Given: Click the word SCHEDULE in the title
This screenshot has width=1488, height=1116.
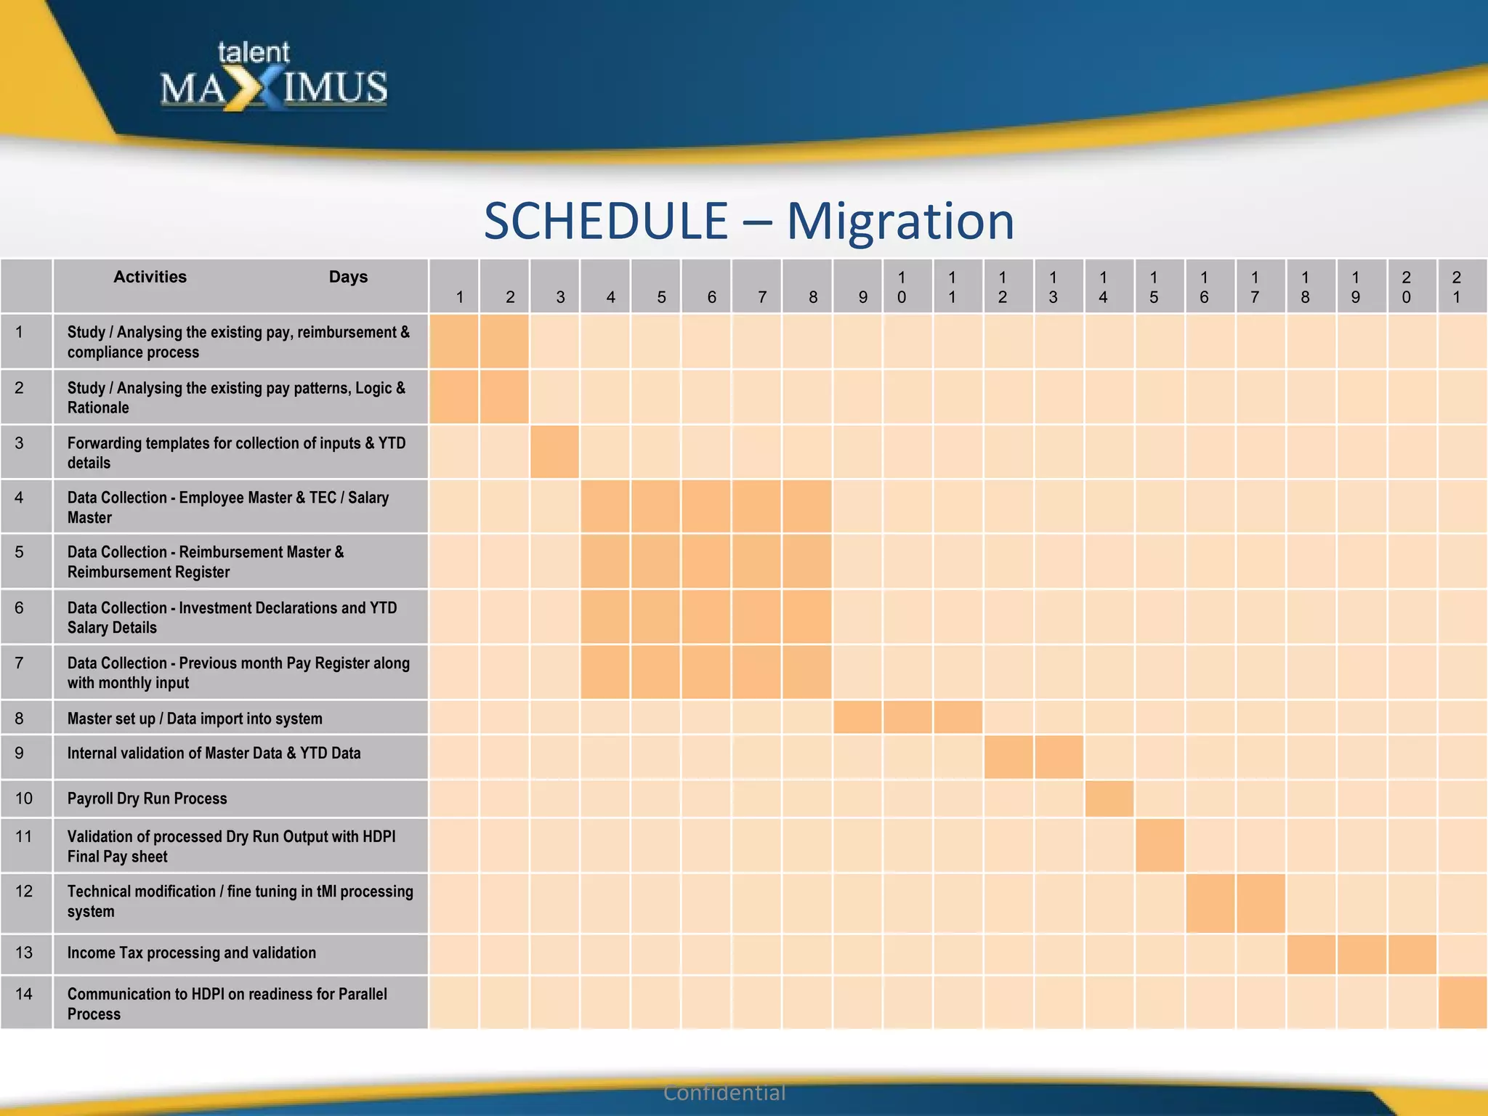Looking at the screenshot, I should tap(606, 221).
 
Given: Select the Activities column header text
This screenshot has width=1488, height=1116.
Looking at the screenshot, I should tap(150, 277).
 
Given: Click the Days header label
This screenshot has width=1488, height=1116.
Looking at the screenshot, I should tap(348, 277).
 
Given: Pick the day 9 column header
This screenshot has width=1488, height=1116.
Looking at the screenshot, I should tap(862, 296).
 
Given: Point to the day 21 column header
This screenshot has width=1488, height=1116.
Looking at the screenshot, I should tap(1456, 287).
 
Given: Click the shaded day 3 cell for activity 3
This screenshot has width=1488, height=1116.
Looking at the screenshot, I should tap(555, 452).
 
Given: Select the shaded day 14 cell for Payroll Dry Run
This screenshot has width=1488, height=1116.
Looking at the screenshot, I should tap(1109, 798).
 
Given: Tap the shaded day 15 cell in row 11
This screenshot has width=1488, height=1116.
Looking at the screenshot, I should tap(1160, 846).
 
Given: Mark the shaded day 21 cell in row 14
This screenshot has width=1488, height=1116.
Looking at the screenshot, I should tap(1462, 1003).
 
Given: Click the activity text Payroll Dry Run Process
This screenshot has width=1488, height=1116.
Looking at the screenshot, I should tap(147, 798).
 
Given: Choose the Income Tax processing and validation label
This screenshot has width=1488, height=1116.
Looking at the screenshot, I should tap(192, 953).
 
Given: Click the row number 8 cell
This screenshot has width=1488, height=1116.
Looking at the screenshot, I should tap(20, 719).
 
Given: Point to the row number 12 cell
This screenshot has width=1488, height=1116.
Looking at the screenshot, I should tap(24, 891).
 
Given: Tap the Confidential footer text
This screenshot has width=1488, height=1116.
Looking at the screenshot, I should tap(724, 1093).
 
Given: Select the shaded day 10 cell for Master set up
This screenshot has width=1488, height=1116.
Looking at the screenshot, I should tap(907, 717).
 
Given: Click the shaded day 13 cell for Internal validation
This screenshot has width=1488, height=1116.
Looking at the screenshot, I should tap(1059, 757).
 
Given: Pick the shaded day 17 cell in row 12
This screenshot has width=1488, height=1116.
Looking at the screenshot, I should tap(1261, 903).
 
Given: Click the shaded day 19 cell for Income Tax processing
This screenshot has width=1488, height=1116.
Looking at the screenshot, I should tap(1362, 954).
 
